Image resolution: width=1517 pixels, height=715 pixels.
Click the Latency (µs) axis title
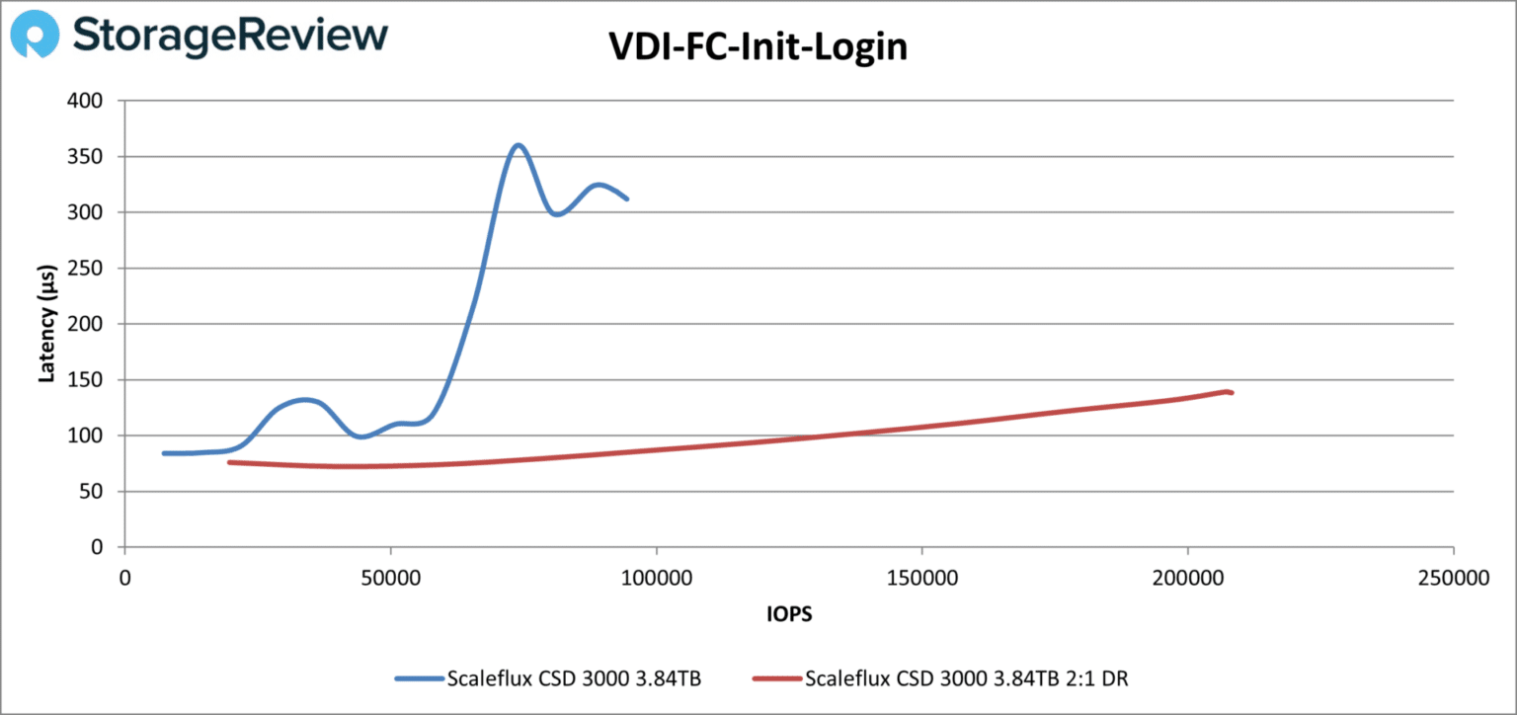point(46,323)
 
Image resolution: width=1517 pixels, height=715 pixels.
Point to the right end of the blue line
point(627,199)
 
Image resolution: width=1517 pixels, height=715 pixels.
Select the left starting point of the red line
point(228,462)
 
